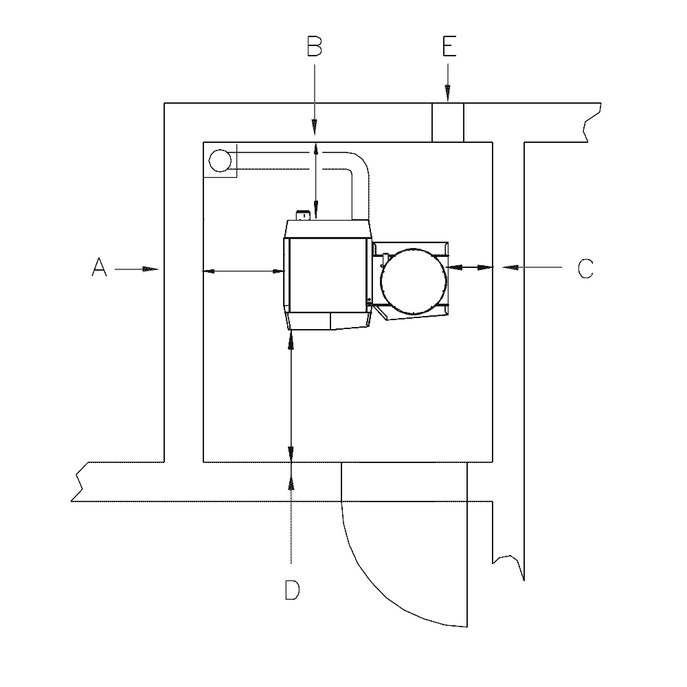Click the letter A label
[100, 268]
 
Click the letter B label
[315, 47]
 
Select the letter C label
[585, 268]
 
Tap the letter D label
[292, 589]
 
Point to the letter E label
[448, 47]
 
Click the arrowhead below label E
[448, 93]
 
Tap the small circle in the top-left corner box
[219, 161]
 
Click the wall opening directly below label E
[448, 123]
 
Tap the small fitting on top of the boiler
[303, 215]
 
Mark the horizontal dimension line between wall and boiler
[244, 271]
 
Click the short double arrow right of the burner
[471, 267]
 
